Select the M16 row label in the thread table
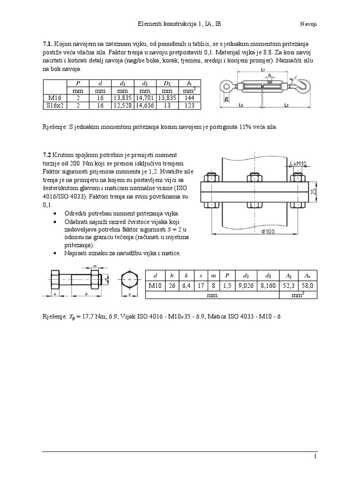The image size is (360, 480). click(x=54, y=98)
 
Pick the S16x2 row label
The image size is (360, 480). click(x=54, y=105)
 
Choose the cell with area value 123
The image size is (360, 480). click(x=189, y=105)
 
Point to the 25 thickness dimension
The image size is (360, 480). click(x=313, y=191)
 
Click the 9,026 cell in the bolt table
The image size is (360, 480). click(x=247, y=285)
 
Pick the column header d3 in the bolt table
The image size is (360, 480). click(x=268, y=275)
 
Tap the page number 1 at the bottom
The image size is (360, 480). click(x=315, y=456)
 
